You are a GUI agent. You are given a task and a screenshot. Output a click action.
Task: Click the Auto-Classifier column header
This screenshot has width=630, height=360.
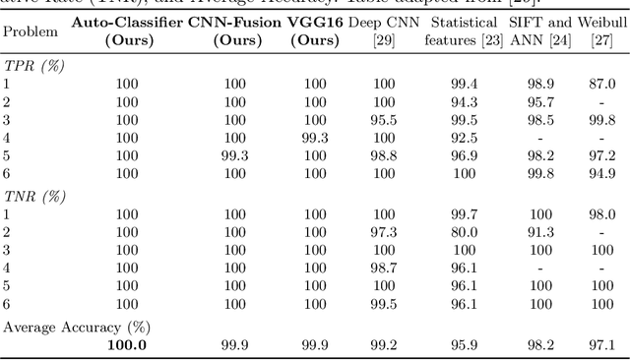point(126,31)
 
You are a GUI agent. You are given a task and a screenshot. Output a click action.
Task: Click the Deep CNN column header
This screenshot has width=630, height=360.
point(383,31)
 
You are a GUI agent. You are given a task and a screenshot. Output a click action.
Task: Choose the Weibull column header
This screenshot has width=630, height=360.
point(600,31)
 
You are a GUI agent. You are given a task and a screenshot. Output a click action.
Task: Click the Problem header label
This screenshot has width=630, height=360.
point(31,31)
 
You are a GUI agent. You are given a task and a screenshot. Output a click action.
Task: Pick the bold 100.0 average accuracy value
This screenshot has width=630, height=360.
point(127,344)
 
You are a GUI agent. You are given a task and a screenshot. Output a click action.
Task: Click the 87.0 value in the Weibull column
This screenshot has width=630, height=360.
point(600,84)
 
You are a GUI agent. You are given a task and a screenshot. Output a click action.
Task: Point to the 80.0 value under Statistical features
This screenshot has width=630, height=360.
point(456,232)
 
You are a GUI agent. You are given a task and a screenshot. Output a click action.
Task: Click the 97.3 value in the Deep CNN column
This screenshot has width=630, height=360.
point(383,232)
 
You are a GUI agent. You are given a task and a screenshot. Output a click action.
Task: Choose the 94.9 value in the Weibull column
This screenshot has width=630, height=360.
point(600,173)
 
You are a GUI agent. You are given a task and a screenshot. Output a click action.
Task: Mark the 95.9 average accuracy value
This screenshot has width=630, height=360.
point(456,344)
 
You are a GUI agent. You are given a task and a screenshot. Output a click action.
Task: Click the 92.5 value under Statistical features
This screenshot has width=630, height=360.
point(456,138)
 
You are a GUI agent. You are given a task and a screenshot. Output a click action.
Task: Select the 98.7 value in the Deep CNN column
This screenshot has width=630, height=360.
point(383,268)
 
